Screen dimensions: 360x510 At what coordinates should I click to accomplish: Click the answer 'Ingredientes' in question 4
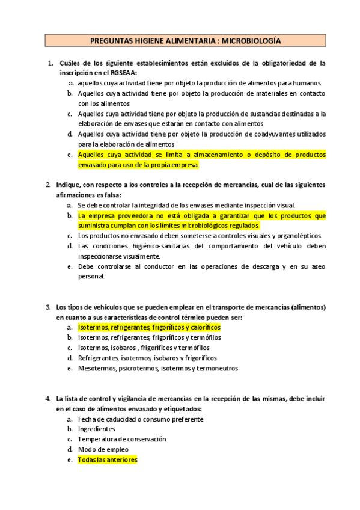[96, 429]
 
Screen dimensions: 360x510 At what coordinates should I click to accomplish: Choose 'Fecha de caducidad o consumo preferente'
[140, 419]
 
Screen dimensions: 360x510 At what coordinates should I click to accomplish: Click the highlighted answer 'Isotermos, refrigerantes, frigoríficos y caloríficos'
[149, 327]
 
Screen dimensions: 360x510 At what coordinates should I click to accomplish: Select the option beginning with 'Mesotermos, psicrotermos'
[157, 367]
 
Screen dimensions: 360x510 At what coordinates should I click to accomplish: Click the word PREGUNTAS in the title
[108, 41]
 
